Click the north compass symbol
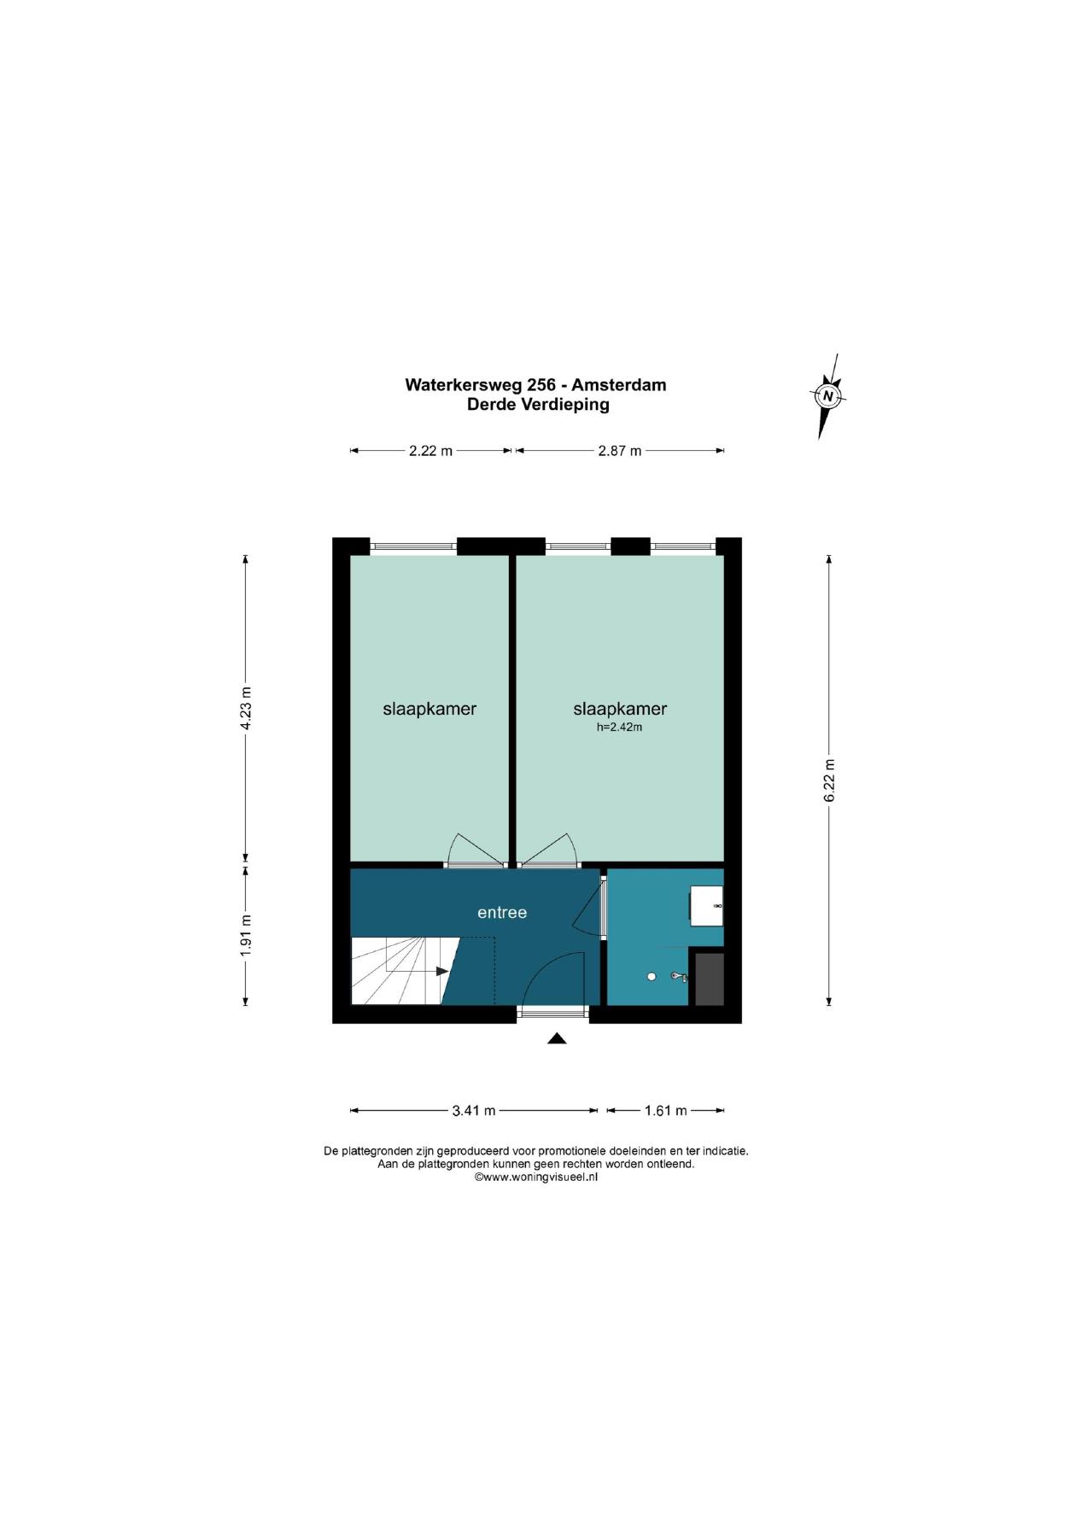pyautogui.click(x=827, y=395)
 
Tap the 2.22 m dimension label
pyautogui.click(x=430, y=451)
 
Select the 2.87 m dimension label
pyautogui.click(x=620, y=451)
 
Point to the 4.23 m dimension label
pyautogui.click(x=246, y=708)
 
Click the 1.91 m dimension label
pyautogui.click(x=246, y=936)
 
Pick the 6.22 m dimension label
pyautogui.click(x=828, y=780)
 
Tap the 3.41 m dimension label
pyautogui.click(x=474, y=1111)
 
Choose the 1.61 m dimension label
pyautogui.click(x=666, y=1111)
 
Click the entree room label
pyautogui.click(x=502, y=913)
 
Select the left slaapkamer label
pyautogui.click(x=430, y=709)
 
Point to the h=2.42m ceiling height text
pyautogui.click(x=619, y=728)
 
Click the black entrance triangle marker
pyautogui.click(x=557, y=1038)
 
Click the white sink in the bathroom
pyautogui.click(x=706, y=906)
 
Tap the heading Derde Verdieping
pyautogui.click(x=538, y=405)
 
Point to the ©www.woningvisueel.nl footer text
pyautogui.click(x=536, y=1177)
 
